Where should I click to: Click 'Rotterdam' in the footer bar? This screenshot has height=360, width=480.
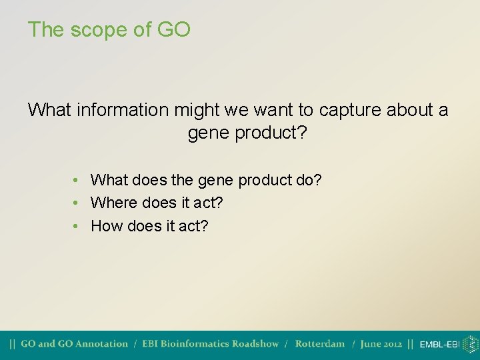coord(320,344)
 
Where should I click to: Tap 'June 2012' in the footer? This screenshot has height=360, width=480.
coord(381,344)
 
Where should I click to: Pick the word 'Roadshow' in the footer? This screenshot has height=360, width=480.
coord(256,344)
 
